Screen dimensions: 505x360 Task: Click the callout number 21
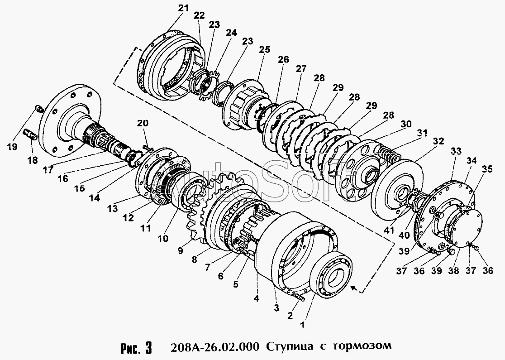(184, 8)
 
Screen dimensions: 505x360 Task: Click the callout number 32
(438, 141)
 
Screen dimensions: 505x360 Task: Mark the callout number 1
(302, 325)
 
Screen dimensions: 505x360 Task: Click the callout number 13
(113, 208)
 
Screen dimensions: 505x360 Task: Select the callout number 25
(265, 50)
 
